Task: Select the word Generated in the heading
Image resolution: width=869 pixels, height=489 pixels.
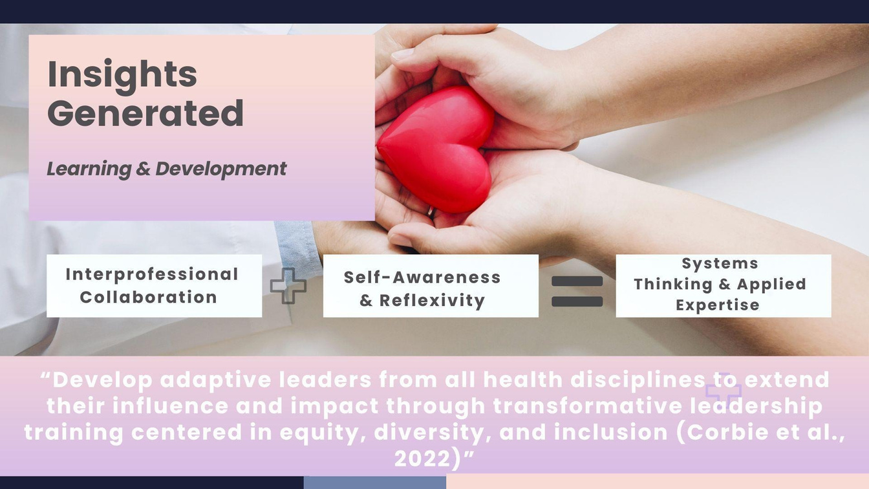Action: pyautogui.click(x=145, y=113)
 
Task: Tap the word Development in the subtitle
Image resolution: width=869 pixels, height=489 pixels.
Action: pyautogui.click(x=220, y=169)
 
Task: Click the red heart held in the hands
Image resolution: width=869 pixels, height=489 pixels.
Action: pyautogui.click(x=435, y=149)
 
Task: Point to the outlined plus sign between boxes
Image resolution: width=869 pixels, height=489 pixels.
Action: pyautogui.click(x=288, y=286)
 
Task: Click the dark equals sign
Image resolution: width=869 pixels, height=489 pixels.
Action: pyautogui.click(x=577, y=291)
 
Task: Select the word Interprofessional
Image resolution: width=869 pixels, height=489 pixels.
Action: pyautogui.click(x=152, y=274)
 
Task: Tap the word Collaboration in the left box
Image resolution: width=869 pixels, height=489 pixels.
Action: pyautogui.click(x=149, y=298)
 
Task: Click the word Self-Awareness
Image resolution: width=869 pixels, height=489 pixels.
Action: pyautogui.click(x=422, y=277)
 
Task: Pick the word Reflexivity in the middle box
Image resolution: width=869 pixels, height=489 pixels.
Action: pyautogui.click(x=432, y=300)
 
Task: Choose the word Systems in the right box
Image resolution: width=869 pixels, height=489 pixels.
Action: pyautogui.click(x=720, y=263)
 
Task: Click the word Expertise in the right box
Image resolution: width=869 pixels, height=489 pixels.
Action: pyautogui.click(x=718, y=305)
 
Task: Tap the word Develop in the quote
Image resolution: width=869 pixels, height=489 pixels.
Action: pyautogui.click(x=102, y=380)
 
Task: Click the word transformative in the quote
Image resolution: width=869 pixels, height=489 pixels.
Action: pyautogui.click(x=587, y=406)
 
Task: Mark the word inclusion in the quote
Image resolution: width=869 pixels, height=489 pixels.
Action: pyautogui.click(x=610, y=432)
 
